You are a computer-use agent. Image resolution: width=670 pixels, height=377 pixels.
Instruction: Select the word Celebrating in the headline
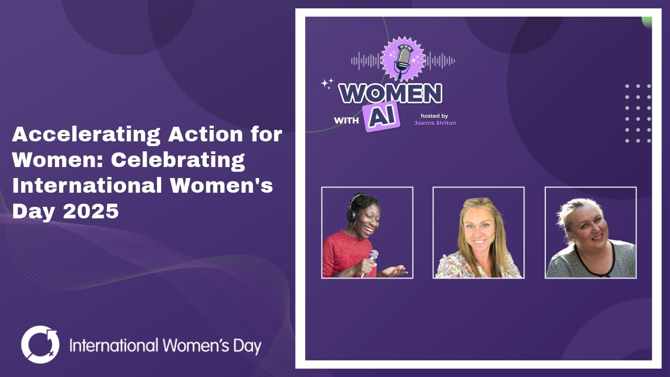coord(178,160)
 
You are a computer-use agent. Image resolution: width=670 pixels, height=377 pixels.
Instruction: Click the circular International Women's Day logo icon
coord(40,345)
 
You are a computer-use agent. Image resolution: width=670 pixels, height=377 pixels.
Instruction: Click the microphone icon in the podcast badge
coord(402,59)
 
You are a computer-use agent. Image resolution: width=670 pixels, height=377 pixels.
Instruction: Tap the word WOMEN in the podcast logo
coord(390,94)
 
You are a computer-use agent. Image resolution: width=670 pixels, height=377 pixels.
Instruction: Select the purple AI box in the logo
coord(382,117)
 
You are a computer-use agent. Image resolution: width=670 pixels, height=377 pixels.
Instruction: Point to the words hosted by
coord(434,116)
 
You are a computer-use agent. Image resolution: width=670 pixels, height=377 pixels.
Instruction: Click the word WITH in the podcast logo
coord(347,120)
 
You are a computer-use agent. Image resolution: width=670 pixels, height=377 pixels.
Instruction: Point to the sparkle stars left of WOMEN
coord(327,83)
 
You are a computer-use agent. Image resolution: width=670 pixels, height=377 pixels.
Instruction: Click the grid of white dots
coord(638,113)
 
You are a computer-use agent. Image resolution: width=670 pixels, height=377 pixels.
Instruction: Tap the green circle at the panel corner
coord(647,21)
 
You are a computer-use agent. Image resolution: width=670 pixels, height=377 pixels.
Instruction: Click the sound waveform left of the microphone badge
coord(365,61)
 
